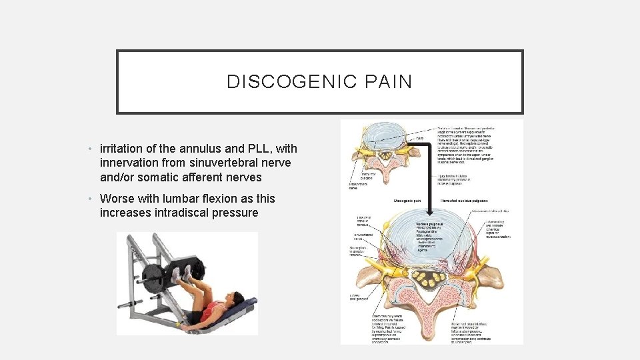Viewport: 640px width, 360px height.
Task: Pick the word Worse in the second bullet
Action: (117, 199)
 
